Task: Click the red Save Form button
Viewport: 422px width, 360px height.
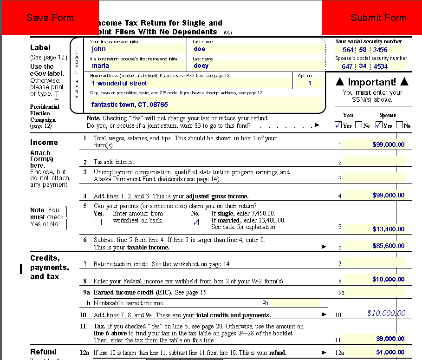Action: [x=50, y=18]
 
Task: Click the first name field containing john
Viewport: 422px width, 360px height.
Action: [x=137, y=49]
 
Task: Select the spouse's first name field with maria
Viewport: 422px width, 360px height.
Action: [x=137, y=66]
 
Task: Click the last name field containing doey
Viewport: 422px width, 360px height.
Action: [x=258, y=66]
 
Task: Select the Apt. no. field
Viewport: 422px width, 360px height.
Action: [x=310, y=83]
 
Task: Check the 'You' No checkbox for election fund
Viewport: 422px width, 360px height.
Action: [x=358, y=125]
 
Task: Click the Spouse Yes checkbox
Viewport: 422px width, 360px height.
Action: [x=379, y=125]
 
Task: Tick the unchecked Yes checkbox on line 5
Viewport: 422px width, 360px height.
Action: [x=98, y=222]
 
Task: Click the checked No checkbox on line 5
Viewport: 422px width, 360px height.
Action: [x=195, y=222]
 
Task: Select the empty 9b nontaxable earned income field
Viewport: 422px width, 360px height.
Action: [x=295, y=303]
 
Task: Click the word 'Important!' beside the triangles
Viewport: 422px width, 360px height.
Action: [x=372, y=82]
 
